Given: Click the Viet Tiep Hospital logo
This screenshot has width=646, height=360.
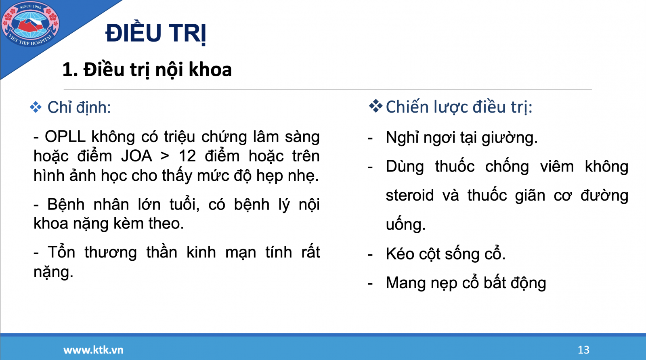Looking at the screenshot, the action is tap(30, 24).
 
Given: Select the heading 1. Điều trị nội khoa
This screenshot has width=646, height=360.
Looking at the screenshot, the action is tap(147, 70).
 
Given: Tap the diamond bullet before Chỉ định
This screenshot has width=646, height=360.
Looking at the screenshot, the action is tap(36, 107).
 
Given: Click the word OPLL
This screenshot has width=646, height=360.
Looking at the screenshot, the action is tap(65, 136).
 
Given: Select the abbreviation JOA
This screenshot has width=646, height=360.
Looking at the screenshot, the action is tap(136, 156).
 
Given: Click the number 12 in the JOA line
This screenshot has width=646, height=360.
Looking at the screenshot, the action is tap(187, 156).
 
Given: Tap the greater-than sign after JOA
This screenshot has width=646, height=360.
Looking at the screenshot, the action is tap(165, 156).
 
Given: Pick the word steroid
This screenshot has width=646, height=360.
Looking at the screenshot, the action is tap(409, 195).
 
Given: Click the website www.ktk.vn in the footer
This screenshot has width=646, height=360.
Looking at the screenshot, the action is tap(93, 350).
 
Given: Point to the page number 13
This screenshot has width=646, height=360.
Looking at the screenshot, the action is tap(583, 350).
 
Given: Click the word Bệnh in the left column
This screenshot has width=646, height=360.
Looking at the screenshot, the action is tap(66, 205).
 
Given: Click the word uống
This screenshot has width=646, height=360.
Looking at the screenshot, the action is tap(405, 224).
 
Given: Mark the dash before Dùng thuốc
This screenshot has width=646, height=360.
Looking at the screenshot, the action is tap(370, 167).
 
